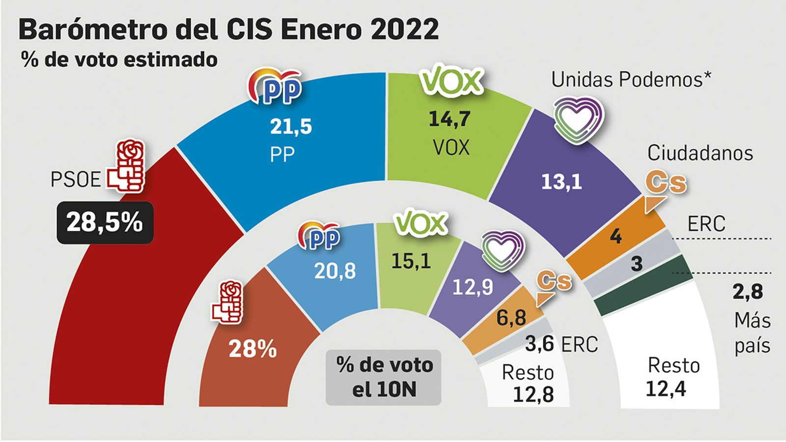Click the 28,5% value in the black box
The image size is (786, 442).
pos(105,222)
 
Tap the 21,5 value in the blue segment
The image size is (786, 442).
pos(291,126)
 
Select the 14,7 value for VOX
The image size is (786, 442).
pos(449,119)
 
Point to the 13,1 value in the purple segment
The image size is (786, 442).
pos(561,182)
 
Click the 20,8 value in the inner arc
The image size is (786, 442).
pos(335,271)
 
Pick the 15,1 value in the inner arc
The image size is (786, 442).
pos(411,261)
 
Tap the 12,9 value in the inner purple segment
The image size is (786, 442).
pos(472,287)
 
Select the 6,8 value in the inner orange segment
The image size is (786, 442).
pos(511,318)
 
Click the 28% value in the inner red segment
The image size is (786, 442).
pos(253,350)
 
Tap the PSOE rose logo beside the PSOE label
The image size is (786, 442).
pos(127,167)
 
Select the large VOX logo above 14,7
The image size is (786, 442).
pos(451,81)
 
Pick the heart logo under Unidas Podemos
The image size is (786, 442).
pos(578,119)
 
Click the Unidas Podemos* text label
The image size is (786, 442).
pos(631,80)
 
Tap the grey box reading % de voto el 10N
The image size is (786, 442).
pos(384,377)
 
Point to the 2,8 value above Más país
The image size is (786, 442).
pos(748,292)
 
